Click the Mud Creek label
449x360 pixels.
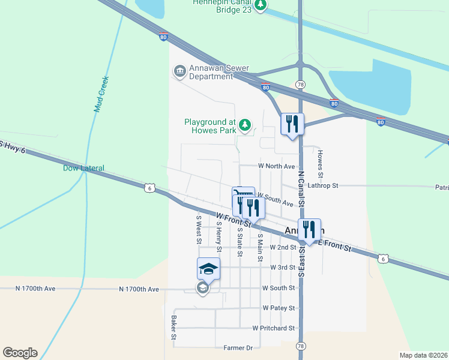pos(100,94)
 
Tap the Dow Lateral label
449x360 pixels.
pos(83,168)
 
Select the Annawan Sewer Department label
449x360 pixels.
pos(211,72)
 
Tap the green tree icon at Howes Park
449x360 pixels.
pos(244,125)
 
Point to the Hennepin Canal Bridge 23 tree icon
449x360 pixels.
pos(261,5)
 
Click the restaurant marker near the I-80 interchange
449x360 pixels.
pos(292,124)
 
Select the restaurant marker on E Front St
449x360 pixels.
pos(310,229)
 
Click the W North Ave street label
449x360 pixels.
pos(277,166)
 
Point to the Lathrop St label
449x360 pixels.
pos(324,186)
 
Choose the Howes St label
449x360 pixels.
pos(321,163)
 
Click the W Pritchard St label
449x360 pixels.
pos(274,328)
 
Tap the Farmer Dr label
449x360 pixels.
pos(238,348)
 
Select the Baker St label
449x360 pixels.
pos(173,328)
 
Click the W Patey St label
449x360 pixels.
pos(279,308)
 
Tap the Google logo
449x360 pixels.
pos(20,353)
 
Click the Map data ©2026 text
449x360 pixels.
pos(424,355)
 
